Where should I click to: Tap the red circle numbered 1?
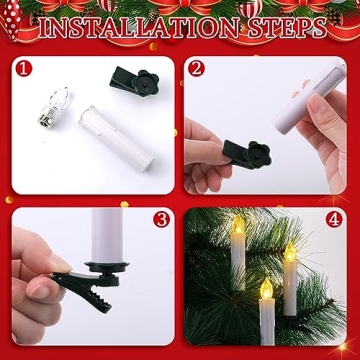tap(26, 70)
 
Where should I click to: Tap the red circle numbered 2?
tap(197, 70)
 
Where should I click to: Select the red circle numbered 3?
tap(160, 219)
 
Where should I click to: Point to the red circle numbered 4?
tap(332, 219)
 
